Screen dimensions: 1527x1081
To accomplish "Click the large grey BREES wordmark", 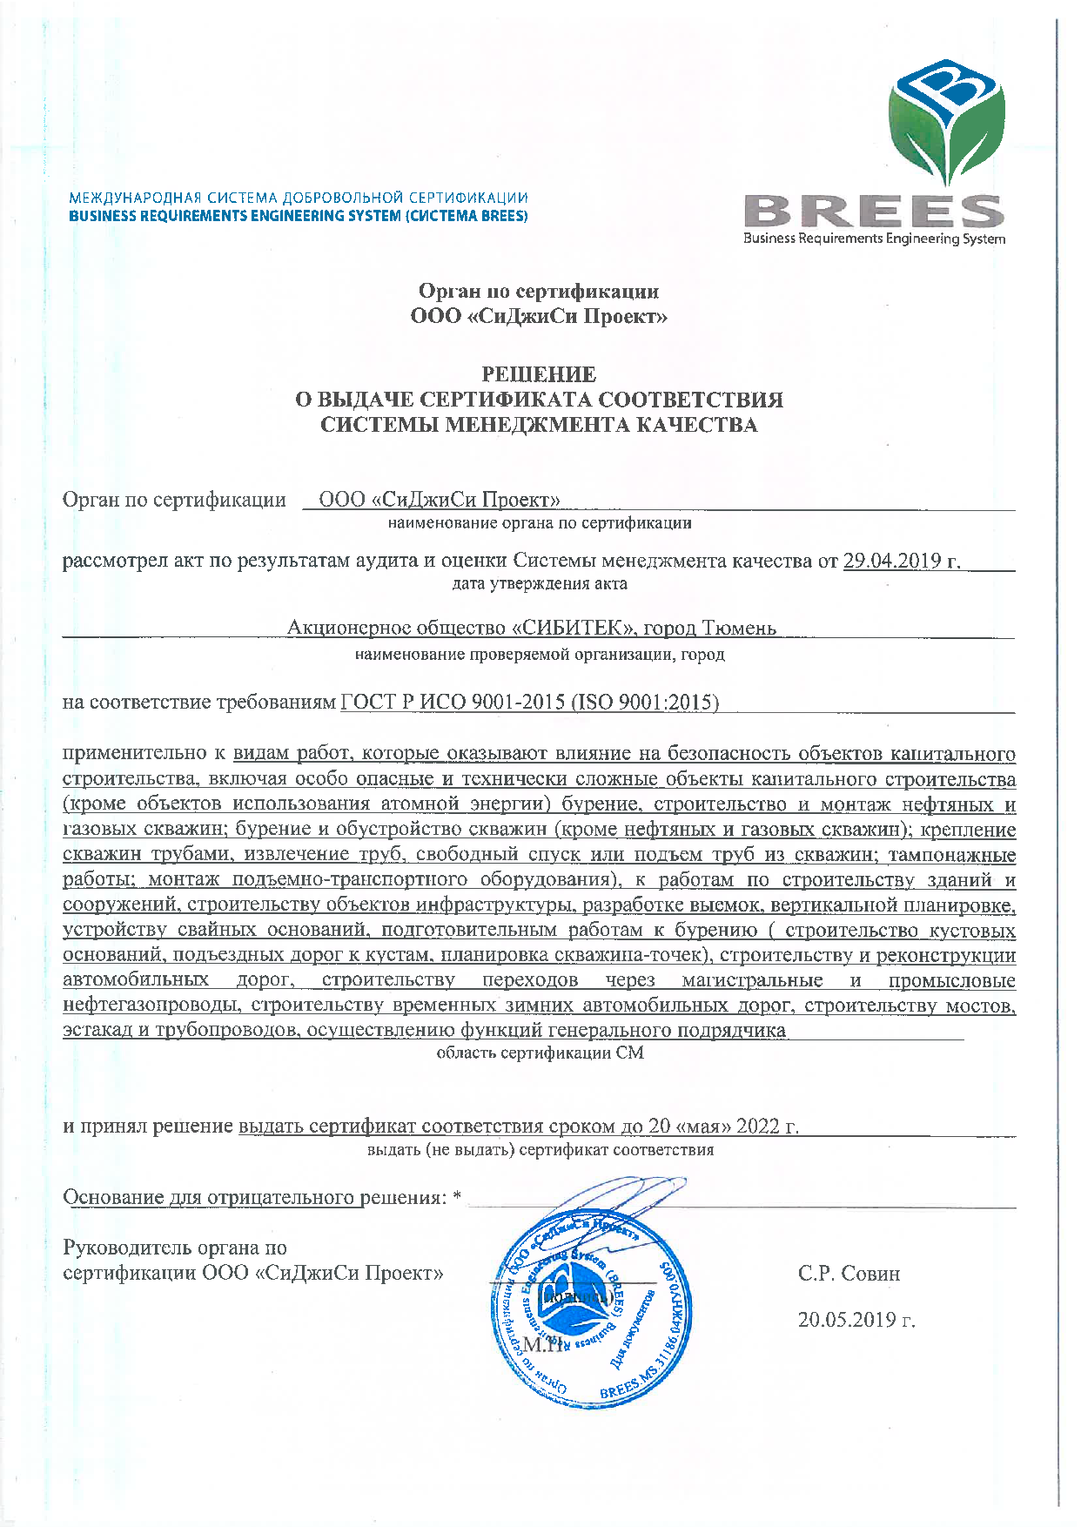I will click(x=874, y=212).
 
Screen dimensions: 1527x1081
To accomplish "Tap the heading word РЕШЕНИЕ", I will click(x=539, y=374).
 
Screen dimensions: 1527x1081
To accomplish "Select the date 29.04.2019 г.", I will click(x=902, y=561).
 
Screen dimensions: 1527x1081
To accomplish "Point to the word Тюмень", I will click(x=739, y=628).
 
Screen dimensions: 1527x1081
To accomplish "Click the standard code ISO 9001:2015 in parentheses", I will click(x=645, y=702).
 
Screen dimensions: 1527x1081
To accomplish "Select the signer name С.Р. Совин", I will click(x=849, y=1274).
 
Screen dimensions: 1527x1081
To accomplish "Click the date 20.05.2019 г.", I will click(x=856, y=1320).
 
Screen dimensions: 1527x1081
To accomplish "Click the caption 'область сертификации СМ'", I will click(x=540, y=1053).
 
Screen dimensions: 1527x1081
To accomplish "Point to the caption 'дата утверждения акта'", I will click(x=540, y=583).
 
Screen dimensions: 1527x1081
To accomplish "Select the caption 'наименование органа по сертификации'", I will click(x=540, y=523).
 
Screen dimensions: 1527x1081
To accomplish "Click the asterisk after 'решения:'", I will click(x=457, y=1198).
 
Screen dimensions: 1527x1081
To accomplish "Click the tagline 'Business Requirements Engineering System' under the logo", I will click(x=874, y=239).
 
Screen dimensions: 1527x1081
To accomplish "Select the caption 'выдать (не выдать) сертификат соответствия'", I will click(x=540, y=1149).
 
